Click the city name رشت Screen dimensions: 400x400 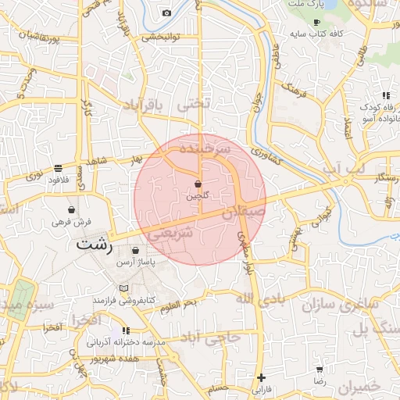(95, 245)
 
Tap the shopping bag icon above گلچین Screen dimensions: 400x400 (198, 184)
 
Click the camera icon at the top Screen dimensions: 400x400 (166, 12)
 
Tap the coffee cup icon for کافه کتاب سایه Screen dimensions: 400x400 (316, 22)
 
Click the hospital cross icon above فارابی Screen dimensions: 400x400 (261, 377)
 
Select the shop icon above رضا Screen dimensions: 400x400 (320, 369)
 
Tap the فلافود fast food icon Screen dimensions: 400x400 (59, 168)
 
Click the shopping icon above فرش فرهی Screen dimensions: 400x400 (72, 209)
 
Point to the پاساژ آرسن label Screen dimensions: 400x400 (133, 263)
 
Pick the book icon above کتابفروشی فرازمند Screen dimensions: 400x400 (123, 289)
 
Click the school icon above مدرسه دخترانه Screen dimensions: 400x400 (127, 331)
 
